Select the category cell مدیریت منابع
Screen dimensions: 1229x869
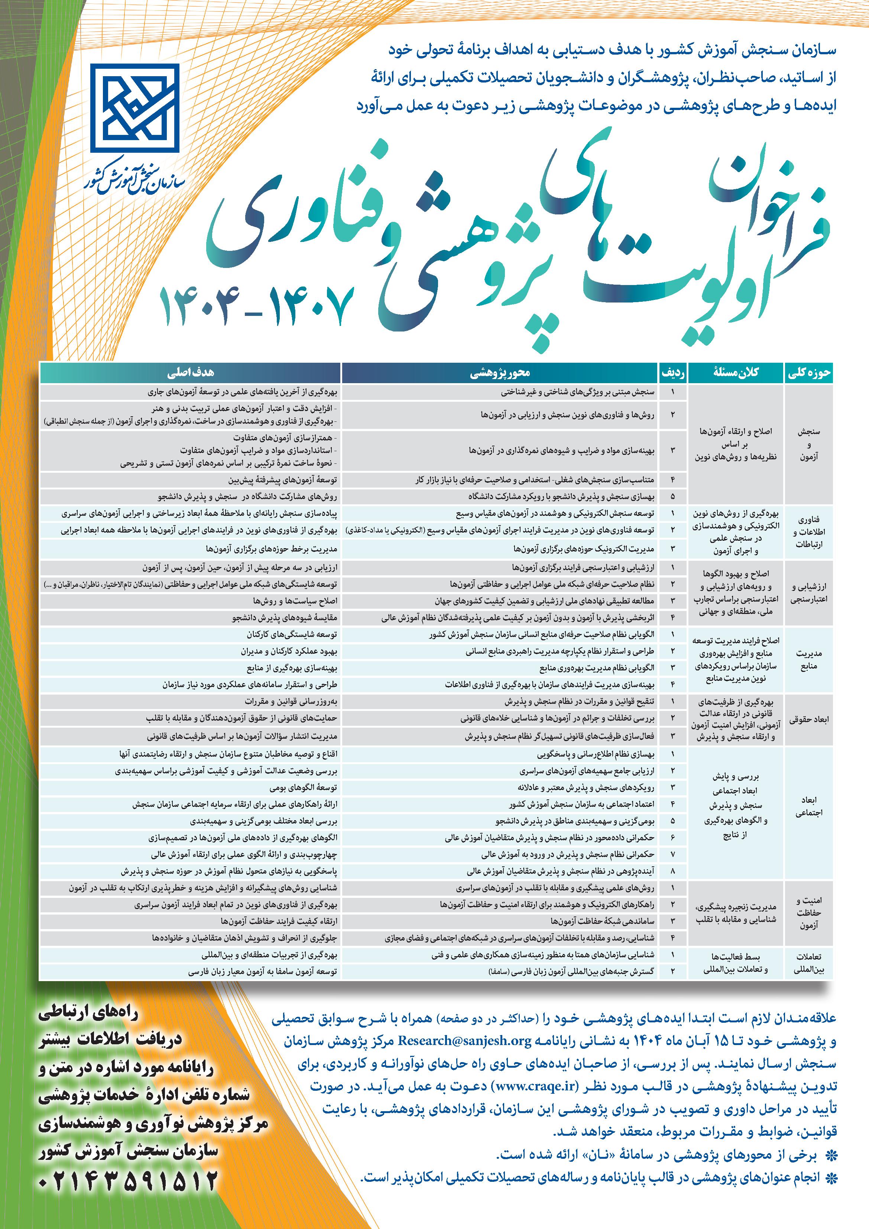tap(808, 659)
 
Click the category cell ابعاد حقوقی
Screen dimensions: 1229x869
tap(808, 720)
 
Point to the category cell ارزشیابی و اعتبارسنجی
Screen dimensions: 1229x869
tap(808, 592)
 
